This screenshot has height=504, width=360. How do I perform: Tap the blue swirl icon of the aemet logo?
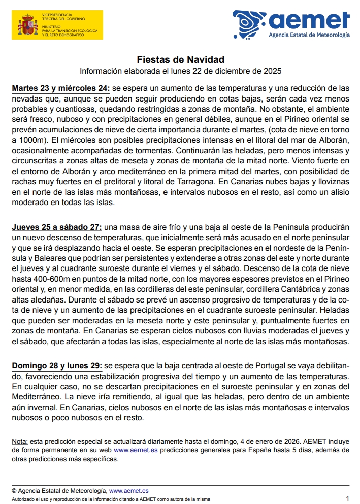[x=248, y=24]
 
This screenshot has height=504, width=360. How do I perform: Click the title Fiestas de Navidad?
[x=180, y=60]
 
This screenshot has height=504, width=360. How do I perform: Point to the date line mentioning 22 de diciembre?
[x=180, y=70]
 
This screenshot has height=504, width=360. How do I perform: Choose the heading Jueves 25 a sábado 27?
[x=57, y=227]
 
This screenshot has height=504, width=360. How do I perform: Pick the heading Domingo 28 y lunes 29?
[x=57, y=365]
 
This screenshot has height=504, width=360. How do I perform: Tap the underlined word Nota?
[x=20, y=441]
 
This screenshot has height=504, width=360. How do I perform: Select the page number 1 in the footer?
[x=347, y=499]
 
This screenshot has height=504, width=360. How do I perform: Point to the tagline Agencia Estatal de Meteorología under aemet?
[x=309, y=36]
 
